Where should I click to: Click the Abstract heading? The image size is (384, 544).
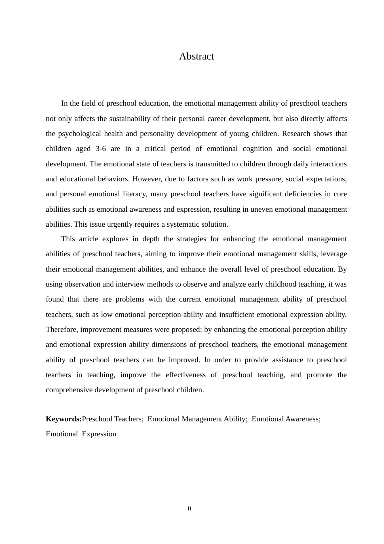coord(196,56)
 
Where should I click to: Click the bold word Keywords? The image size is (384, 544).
coord(63,419)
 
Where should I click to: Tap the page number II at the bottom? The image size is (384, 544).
coord(189,509)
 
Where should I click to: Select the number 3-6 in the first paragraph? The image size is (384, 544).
coord(101,149)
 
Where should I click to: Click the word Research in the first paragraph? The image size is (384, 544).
coord(296,134)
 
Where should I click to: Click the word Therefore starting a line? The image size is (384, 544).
coord(62,329)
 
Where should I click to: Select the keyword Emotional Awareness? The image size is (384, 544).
coord(286,419)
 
